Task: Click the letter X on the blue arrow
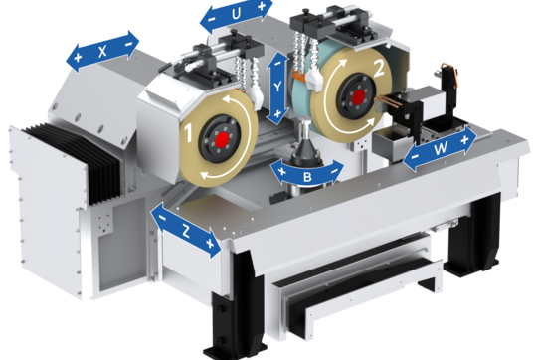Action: click(102, 52)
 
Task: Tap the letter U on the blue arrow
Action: click(236, 14)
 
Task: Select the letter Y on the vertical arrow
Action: click(277, 88)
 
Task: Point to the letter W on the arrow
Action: click(441, 148)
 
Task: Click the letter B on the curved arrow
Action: click(307, 177)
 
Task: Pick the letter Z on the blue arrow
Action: click(186, 232)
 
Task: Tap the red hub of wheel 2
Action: click(358, 96)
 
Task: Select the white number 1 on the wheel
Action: click(188, 133)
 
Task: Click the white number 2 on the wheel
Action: click(379, 70)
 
